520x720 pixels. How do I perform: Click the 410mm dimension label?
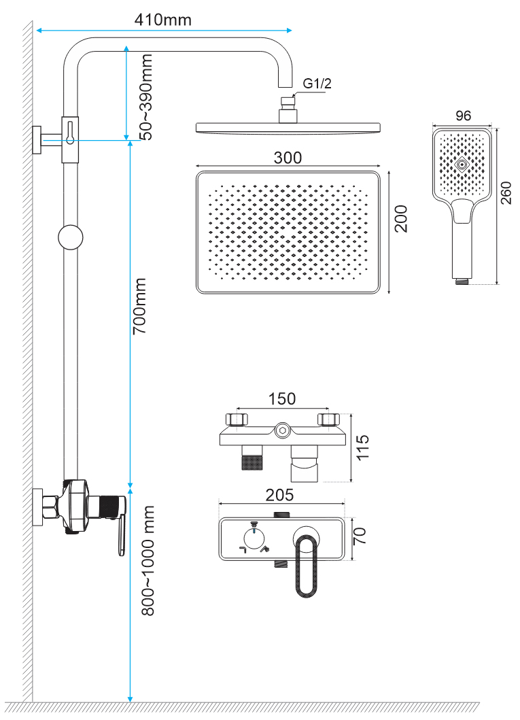point(163,19)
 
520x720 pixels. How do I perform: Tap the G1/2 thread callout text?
point(316,84)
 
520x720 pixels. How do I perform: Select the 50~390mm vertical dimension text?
point(145,97)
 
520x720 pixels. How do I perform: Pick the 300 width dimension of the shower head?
point(288,157)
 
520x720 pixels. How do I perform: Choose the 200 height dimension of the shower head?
point(402,219)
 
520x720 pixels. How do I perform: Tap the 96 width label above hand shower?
point(463,116)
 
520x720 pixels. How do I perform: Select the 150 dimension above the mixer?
point(281,398)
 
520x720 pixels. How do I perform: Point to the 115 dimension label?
point(363,448)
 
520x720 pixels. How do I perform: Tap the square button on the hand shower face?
point(462,165)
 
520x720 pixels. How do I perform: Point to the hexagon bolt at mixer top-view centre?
point(282,429)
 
